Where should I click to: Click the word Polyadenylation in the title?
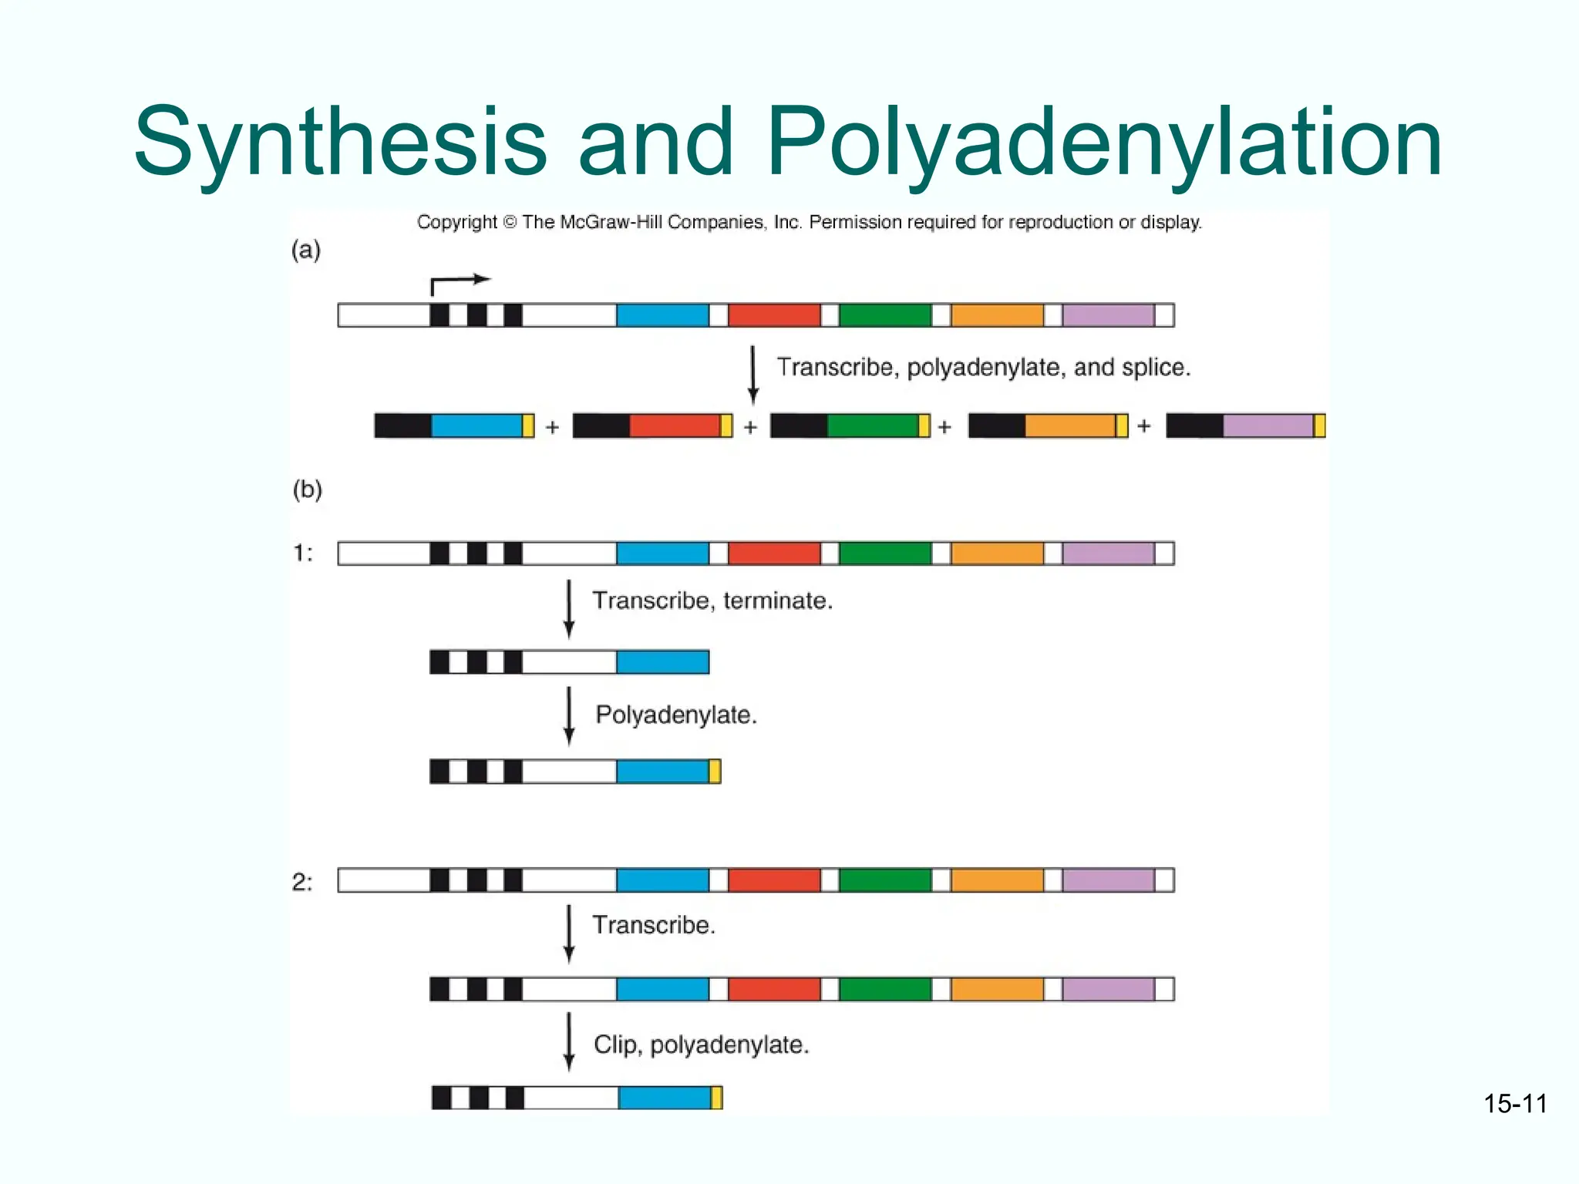tap(1104, 143)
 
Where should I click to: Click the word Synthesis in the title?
tap(339, 143)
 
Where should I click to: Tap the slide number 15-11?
tap(1515, 1104)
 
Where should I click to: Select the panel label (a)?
tap(306, 250)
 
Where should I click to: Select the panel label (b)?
tap(307, 489)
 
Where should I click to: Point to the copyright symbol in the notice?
tap(510, 223)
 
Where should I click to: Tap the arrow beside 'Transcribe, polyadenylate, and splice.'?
tap(753, 375)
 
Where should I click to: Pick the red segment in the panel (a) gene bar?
tap(774, 315)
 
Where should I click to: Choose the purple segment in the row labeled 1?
tap(1108, 553)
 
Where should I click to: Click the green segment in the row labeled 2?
tap(885, 880)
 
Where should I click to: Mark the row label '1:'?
tap(303, 553)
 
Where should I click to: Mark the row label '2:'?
tap(302, 882)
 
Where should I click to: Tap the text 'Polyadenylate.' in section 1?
tap(676, 715)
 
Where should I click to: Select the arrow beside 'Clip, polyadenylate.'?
tap(569, 1041)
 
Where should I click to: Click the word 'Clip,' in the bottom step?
tap(618, 1045)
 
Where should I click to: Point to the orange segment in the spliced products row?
tap(1070, 426)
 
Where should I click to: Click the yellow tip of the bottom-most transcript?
tap(716, 1098)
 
